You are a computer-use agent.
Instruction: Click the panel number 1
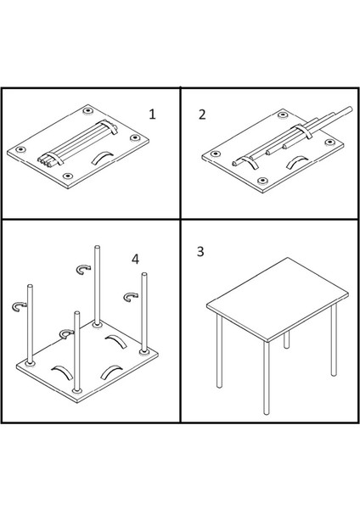point(152,115)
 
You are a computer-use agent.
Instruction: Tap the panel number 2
point(202,115)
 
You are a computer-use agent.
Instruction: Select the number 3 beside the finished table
point(200,252)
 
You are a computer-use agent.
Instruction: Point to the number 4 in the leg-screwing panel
point(136,259)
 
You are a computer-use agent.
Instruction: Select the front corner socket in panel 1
point(68,176)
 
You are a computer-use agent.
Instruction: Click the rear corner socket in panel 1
point(87,110)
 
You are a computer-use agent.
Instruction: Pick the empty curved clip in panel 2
point(297,162)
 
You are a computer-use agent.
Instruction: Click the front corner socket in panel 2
point(262,181)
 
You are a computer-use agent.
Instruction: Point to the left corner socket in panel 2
point(214,154)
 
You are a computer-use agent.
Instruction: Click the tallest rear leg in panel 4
point(97,286)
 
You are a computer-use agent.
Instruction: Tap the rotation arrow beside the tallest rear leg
point(83,269)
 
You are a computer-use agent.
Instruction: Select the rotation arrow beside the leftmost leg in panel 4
point(20,306)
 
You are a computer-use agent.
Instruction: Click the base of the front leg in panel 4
point(77,390)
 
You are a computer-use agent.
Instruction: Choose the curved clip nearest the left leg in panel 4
point(63,372)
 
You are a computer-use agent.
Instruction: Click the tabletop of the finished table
point(278,299)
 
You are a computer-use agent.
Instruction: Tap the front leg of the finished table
point(267,378)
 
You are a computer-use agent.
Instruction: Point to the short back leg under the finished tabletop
point(286,340)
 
